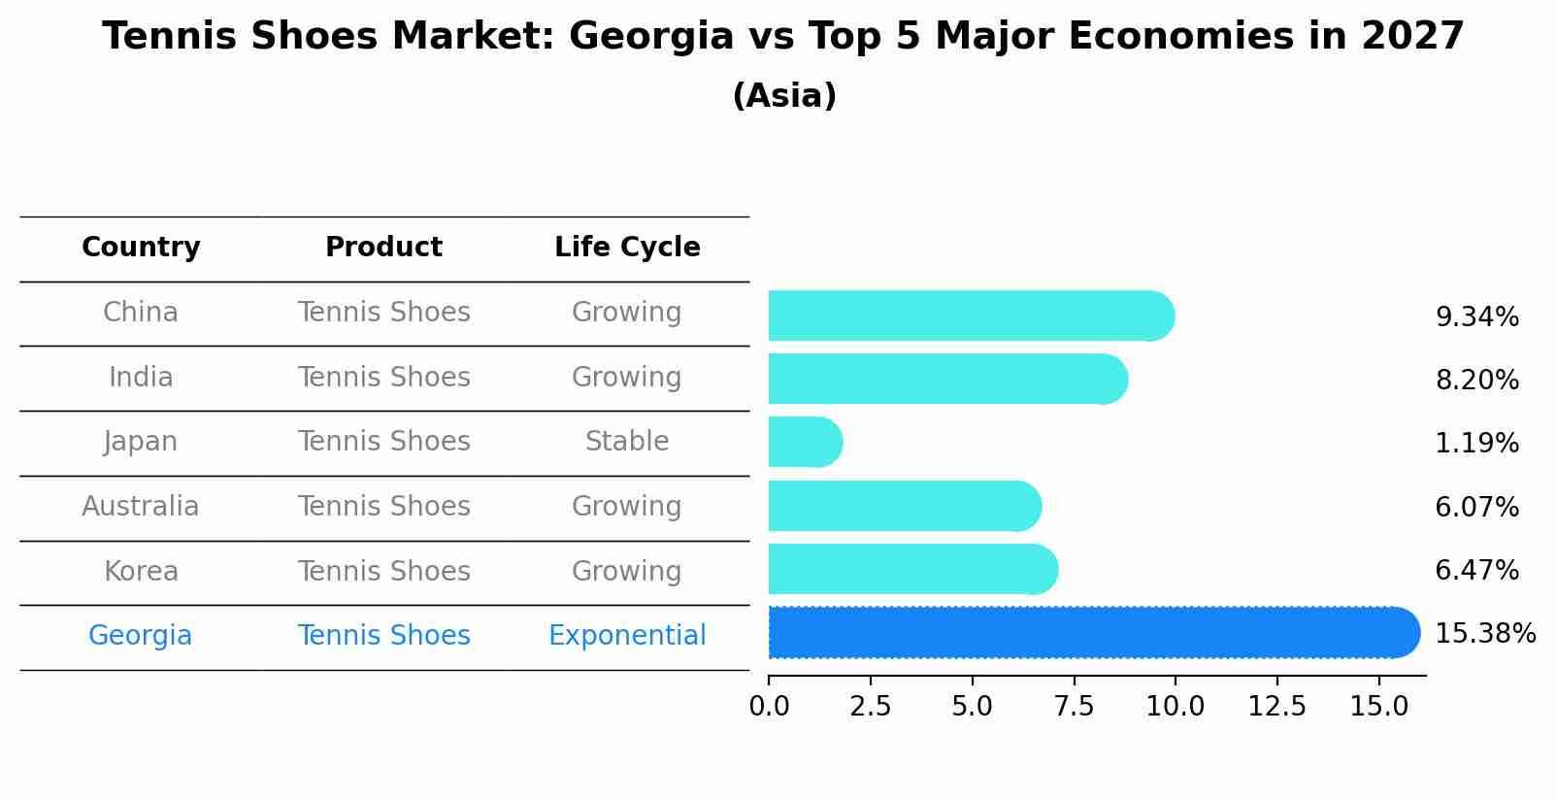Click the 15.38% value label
click(x=1484, y=634)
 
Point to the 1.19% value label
click(x=1476, y=444)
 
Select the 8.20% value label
click(x=1476, y=381)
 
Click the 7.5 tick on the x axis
click(x=1074, y=707)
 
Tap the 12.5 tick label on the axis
click(x=1276, y=707)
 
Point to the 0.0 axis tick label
click(x=769, y=707)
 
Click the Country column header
click(x=141, y=248)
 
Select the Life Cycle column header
click(x=627, y=248)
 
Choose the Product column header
click(x=383, y=248)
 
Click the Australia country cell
click(x=141, y=507)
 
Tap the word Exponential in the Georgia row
click(x=627, y=636)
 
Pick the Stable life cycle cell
click(x=627, y=442)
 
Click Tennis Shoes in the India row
click(x=383, y=378)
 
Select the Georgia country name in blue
click(x=141, y=636)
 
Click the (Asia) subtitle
click(x=784, y=96)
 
